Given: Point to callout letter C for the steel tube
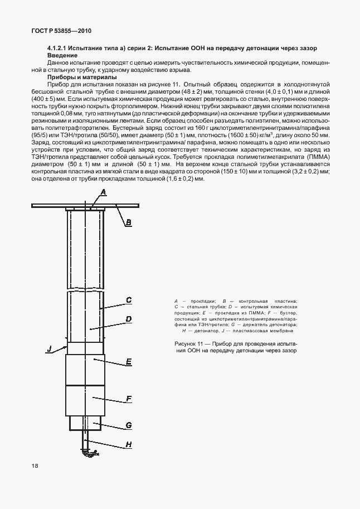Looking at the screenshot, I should (x=128, y=300).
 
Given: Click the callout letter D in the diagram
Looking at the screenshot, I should (x=128, y=319).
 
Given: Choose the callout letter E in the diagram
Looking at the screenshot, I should (x=128, y=362).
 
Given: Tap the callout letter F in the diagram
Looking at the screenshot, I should (x=128, y=399).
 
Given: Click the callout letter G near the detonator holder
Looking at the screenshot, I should (x=128, y=425).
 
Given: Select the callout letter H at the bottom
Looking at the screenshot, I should (x=128, y=444).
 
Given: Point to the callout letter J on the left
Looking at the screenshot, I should (x=49, y=348).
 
